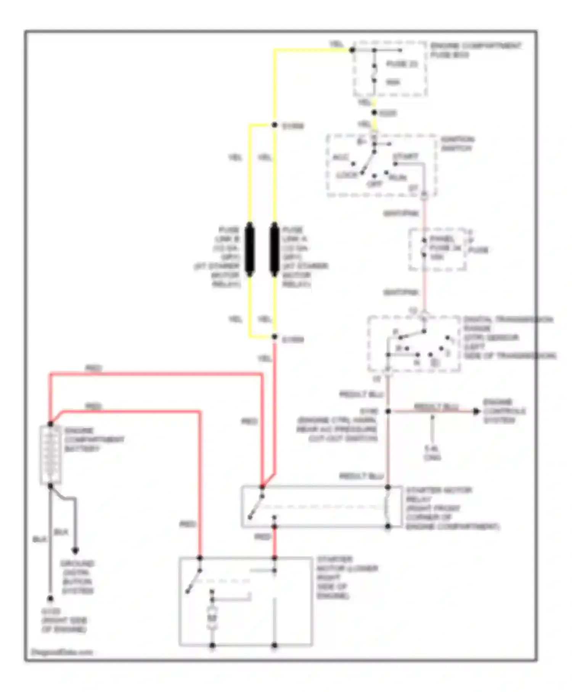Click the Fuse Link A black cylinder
tap(274, 249)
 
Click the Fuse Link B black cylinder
tap(250, 249)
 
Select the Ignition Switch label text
tap(457, 144)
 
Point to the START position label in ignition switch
tap(405, 156)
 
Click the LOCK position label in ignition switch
tap(346, 175)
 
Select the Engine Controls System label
tap(504, 411)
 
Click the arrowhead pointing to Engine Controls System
tap(476, 411)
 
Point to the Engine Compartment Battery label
tap(94, 439)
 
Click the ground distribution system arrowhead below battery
tap(76, 550)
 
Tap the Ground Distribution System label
tap(77, 577)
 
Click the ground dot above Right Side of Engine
tap(50, 599)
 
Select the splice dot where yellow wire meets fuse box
tap(352, 50)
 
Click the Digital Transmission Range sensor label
tap(509, 338)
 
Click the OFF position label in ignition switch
tap(374, 184)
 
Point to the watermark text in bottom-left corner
tap(61, 652)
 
